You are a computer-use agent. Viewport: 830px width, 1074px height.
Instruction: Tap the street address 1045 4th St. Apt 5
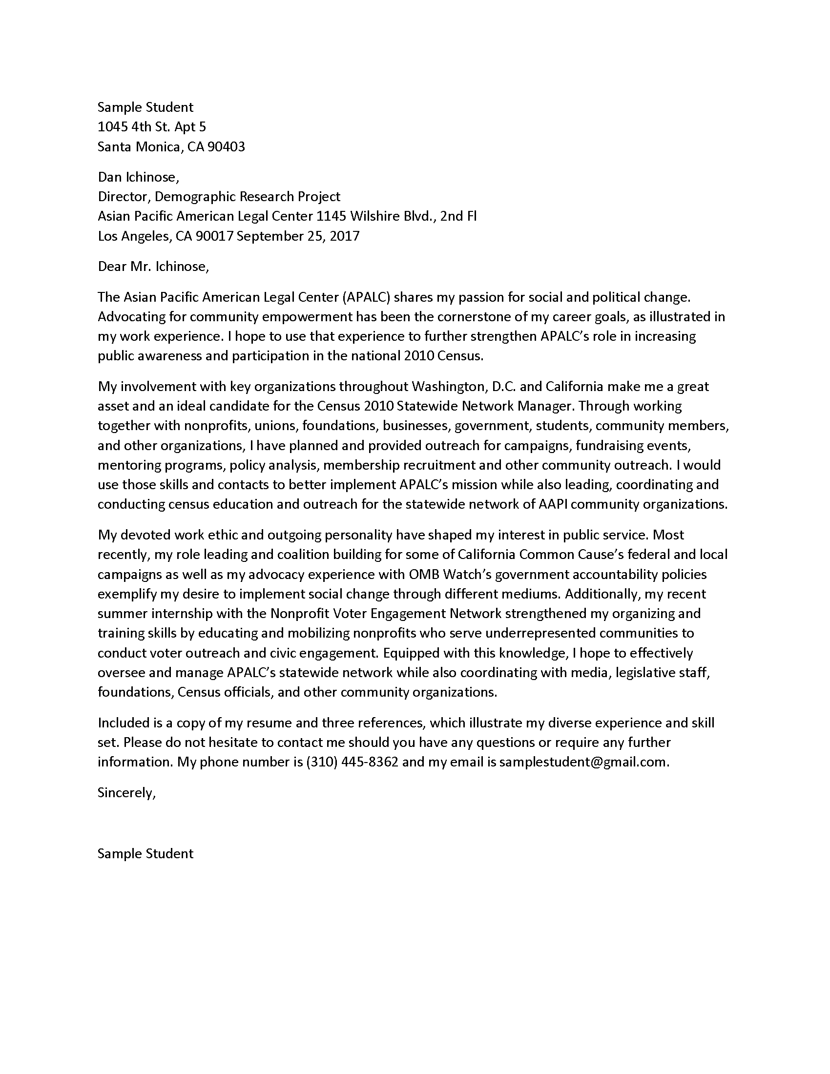click(x=151, y=127)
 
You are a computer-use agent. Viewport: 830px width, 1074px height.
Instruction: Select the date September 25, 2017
click(x=298, y=237)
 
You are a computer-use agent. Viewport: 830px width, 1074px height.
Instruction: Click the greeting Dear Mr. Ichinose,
click(x=153, y=267)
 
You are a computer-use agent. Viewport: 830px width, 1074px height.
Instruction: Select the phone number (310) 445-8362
click(x=352, y=762)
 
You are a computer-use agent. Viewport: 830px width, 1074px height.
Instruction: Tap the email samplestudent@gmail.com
click(x=583, y=762)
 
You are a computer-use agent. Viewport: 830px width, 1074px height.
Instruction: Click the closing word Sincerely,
click(x=126, y=793)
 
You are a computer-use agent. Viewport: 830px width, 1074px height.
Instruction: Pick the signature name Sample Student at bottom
click(x=145, y=854)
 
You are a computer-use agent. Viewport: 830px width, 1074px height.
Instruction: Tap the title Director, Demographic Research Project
click(x=219, y=197)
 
